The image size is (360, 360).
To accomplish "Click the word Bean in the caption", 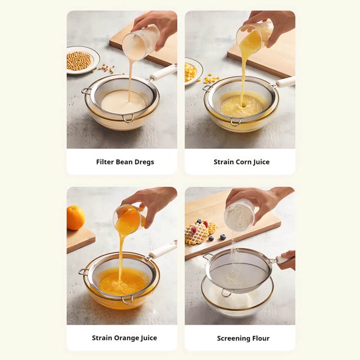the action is tap(124, 162).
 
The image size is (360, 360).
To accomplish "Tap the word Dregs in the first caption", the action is tap(144, 162).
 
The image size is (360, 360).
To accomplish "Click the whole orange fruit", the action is tap(75, 218).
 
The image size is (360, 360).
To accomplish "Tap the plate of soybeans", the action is tap(82, 60).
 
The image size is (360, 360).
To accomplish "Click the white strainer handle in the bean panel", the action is tap(163, 72).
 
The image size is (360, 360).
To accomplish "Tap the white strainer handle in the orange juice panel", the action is tap(163, 249).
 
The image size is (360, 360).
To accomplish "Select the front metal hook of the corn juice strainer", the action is tap(236, 122).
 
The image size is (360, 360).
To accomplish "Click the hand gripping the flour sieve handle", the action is tap(287, 260).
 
